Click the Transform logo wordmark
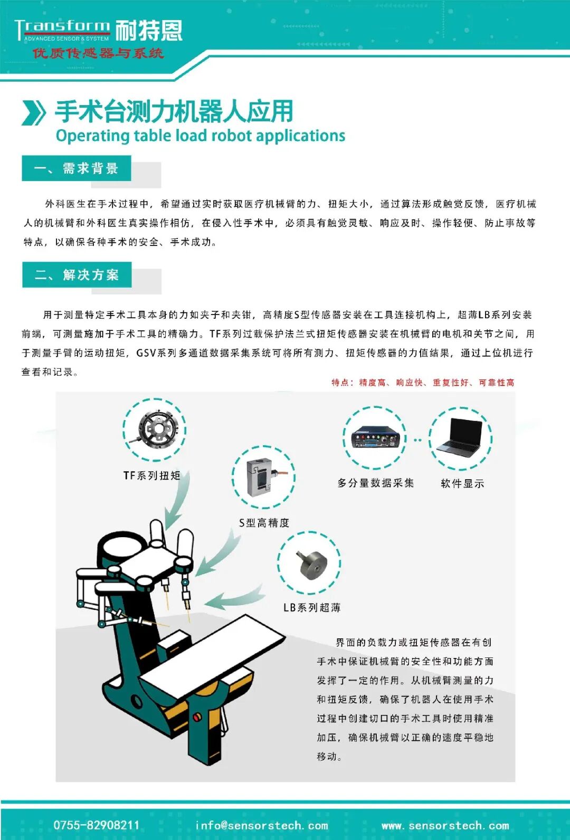[62, 30]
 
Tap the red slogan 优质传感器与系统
[98, 53]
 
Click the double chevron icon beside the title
[34, 112]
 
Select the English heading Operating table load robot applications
[200, 136]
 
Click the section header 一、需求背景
[77, 168]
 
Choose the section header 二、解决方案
[77, 274]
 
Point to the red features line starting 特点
[423, 383]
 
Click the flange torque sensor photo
[156, 429]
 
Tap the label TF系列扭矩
[152, 475]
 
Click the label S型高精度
[264, 523]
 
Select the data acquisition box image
[375, 437]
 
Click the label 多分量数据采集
[375, 483]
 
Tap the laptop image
[460, 436]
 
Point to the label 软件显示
[462, 484]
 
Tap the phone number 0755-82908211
[97, 825]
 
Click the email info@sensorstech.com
[262, 825]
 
